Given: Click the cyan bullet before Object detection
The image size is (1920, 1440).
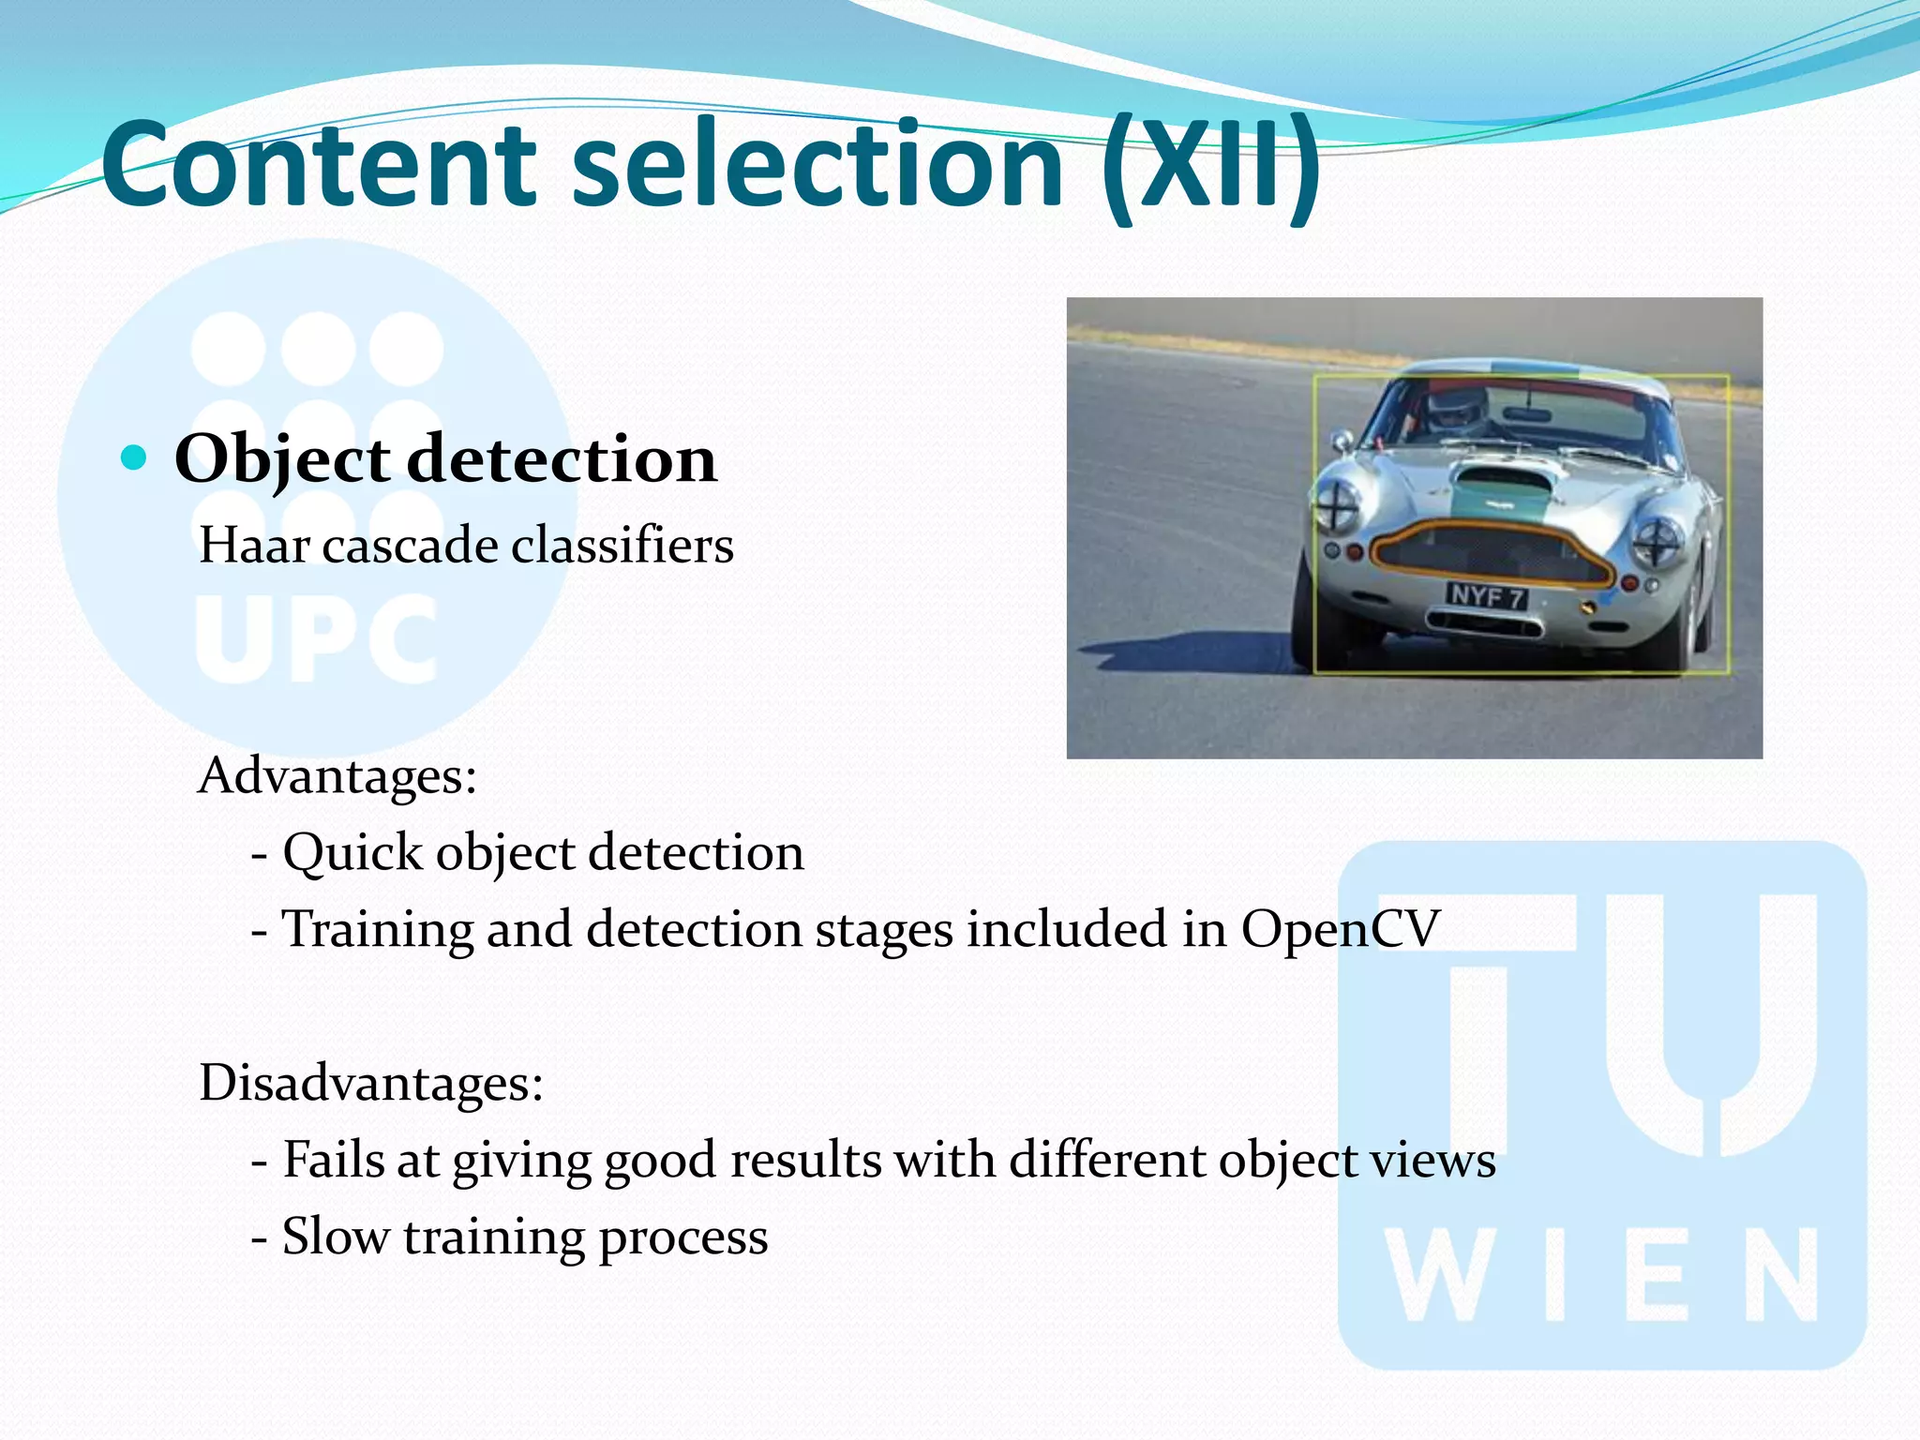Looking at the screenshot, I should (x=135, y=457).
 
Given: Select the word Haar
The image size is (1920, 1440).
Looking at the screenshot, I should (x=254, y=546).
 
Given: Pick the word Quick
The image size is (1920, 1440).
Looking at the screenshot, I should (x=352, y=853).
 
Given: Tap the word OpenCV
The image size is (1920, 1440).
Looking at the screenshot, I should (x=1340, y=930).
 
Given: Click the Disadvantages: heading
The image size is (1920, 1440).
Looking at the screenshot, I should (x=371, y=1084).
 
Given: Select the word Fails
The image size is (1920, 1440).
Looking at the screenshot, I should (x=334, y=1161).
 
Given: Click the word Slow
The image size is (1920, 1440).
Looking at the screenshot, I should (x=335, y=1237).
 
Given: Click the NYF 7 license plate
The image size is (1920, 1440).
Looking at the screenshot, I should (x=1487, y=595).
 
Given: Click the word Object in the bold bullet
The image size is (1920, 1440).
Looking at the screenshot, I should (x=282, y=459).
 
